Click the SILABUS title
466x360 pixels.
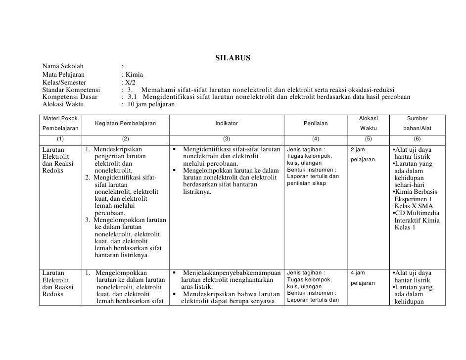[233, 59]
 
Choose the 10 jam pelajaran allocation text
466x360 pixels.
[151, 105]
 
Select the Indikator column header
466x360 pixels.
[227, 123]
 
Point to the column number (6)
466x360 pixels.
[417, 139]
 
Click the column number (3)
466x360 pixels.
[227, 139]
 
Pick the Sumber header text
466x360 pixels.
[417, 119]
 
